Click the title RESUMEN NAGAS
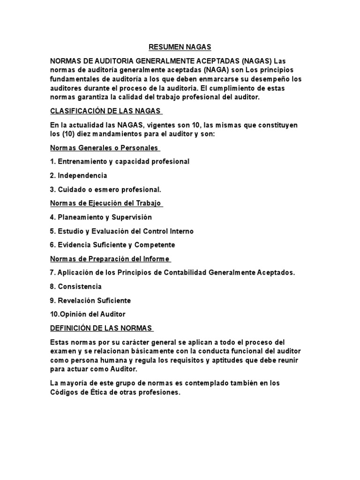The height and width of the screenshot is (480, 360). point(180,47)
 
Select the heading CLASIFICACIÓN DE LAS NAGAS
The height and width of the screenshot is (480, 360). point(105,111)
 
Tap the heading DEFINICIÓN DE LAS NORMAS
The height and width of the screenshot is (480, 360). point(101,328)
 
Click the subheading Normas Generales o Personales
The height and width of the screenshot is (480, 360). point(104,148)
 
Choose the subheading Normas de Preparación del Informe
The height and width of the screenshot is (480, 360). point(110,259)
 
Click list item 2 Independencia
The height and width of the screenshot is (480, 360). point(78,175)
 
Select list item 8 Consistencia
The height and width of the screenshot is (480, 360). point(75,286)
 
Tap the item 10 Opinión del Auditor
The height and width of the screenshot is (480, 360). point(88,314)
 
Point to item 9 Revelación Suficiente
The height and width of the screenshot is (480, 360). point(90,300)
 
